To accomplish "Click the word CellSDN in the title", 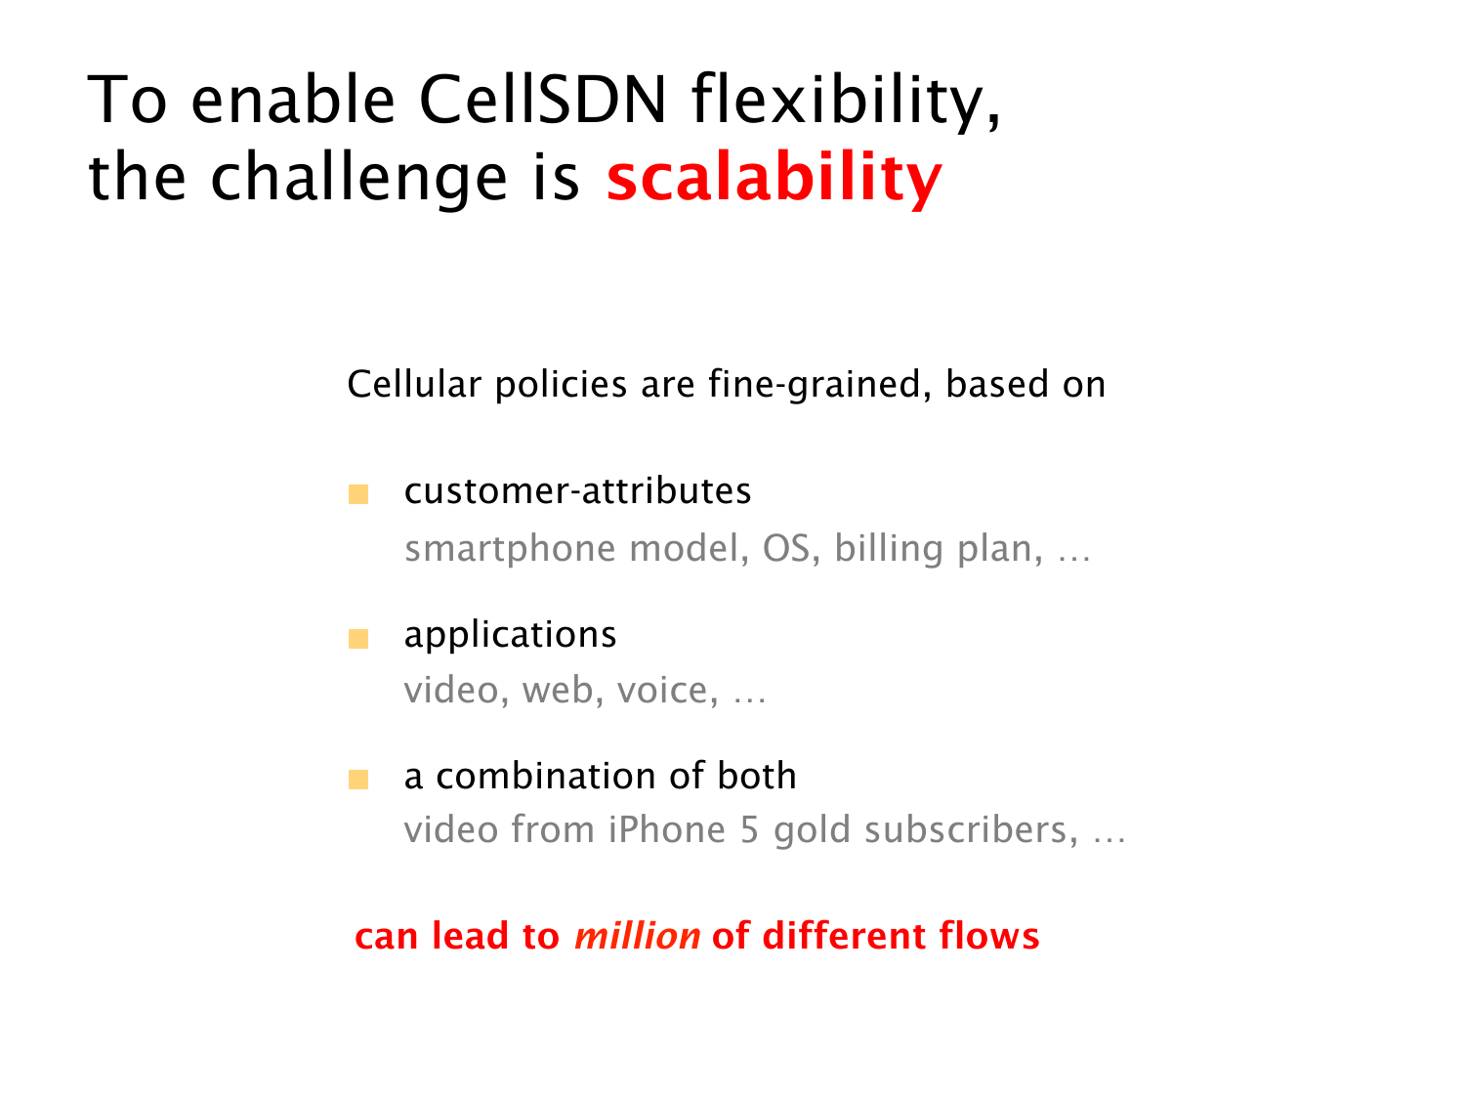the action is click(543, 100).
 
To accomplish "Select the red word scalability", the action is click(774, 177).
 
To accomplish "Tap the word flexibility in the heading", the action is click(846, 102).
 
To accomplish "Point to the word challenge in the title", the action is click(358, 177).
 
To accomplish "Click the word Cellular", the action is click(414, 384).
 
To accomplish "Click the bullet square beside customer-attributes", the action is click(358, 494).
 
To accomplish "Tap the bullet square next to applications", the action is click(358, 639).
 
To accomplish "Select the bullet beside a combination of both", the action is click(358, 780).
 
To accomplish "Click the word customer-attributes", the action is click(577, 491).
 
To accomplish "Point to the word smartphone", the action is click(510, 550).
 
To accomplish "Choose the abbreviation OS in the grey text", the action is click(786, 549).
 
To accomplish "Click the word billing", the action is click(889, 550).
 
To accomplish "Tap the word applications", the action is click(510, 636).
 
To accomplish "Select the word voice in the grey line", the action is click(662, 690).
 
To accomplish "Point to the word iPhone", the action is click(666, 830).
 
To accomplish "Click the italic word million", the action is click(638, 936).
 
